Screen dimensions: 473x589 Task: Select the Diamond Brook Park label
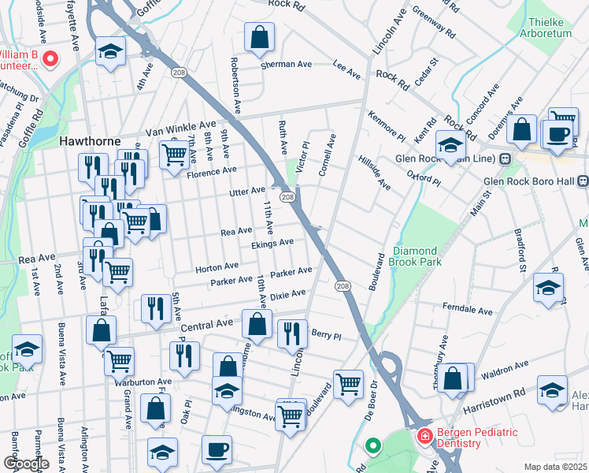[416, 256]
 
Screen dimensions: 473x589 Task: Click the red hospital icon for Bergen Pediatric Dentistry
[424, 435]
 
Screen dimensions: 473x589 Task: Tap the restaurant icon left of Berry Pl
[291, 333]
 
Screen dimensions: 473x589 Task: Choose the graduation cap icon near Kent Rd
[451, 146]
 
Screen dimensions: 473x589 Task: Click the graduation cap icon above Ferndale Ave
[548, 288]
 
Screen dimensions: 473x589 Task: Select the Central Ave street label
[207, 322]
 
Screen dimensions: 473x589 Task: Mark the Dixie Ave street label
[287, 295]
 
